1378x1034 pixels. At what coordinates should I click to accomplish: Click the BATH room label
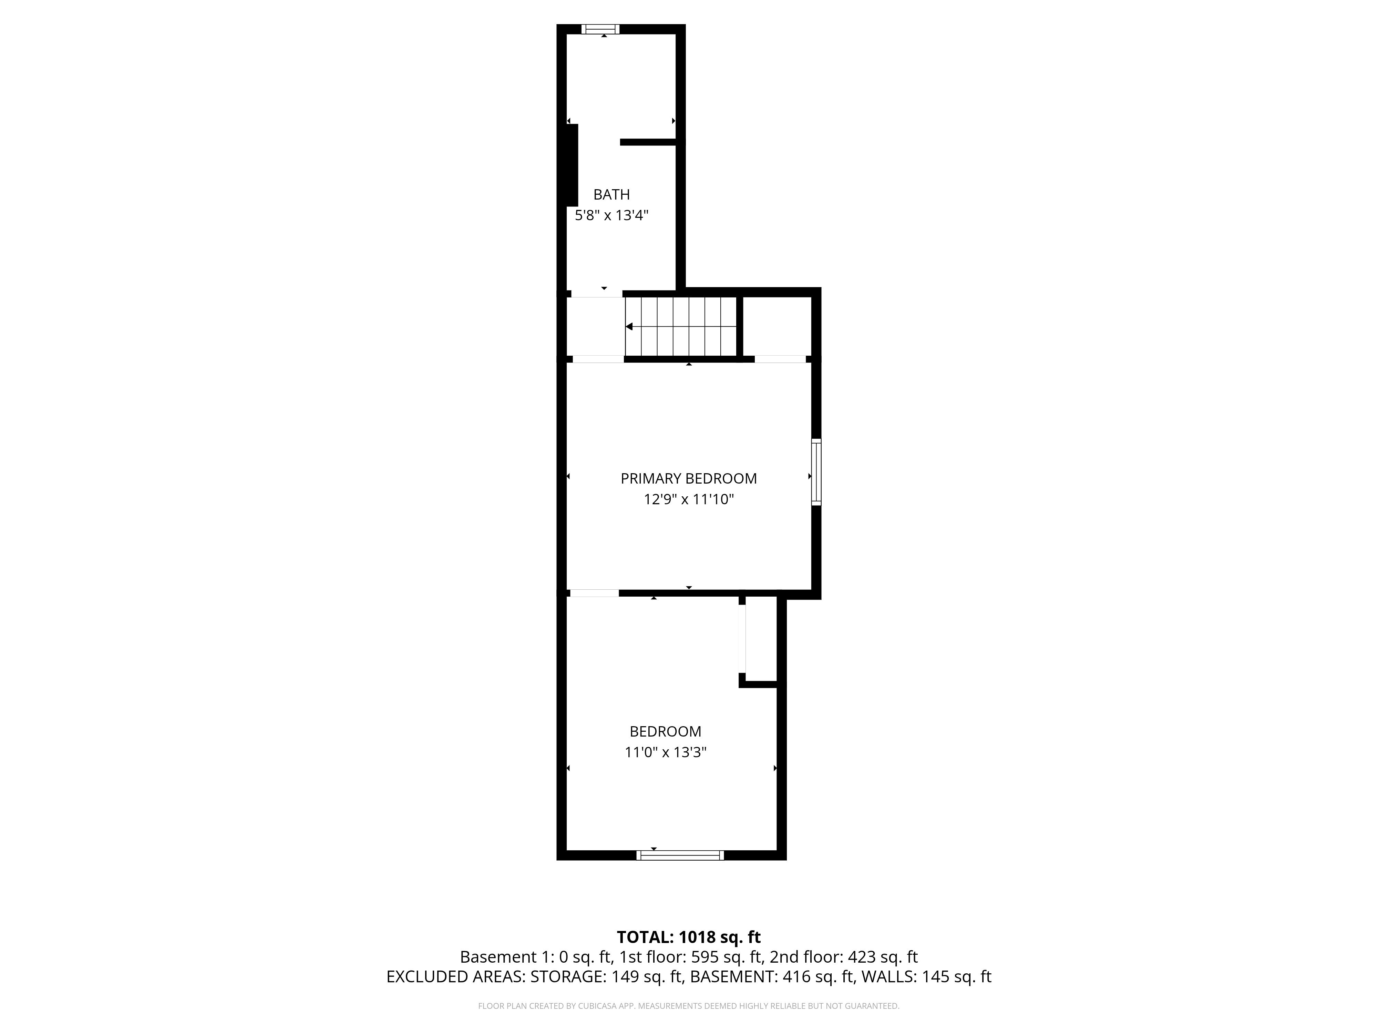(x=611, y=194)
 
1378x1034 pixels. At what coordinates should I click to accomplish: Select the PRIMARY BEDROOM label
(x=688, y=479)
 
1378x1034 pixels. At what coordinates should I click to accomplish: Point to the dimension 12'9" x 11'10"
(x=688, y=499)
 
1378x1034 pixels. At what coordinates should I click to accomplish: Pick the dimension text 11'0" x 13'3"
(x=665, y=752)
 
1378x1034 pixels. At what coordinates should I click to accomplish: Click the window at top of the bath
(x=600, y=29)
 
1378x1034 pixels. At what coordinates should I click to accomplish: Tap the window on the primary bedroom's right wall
(x=816, y=472)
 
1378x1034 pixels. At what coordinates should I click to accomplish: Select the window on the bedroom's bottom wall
(x=680, y=855)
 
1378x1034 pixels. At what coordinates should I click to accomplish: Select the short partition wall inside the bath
(x=648, y=142)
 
